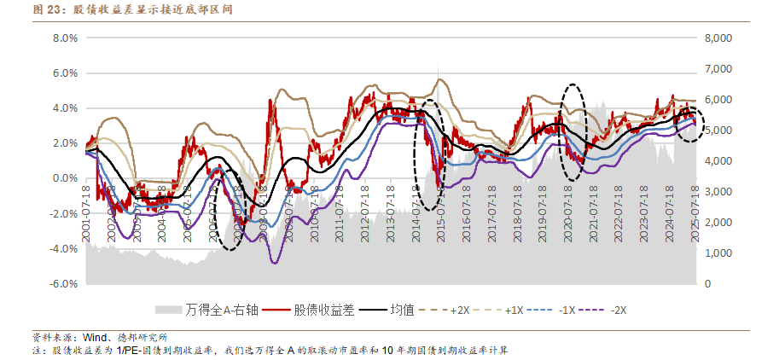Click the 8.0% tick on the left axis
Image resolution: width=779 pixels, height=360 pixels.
(x=66, y=38)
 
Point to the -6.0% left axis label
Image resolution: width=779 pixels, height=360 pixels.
(x=65, y=283)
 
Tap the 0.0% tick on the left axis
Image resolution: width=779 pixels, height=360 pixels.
(x=66, y=178)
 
